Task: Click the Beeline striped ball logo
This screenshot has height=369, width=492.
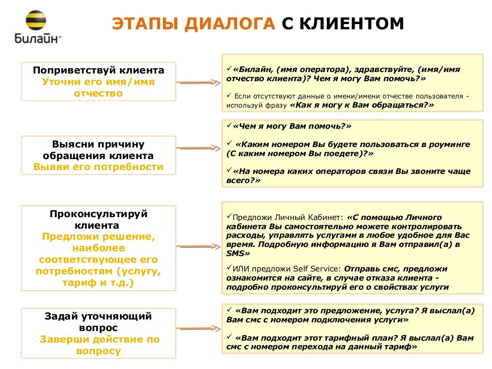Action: (36, 22)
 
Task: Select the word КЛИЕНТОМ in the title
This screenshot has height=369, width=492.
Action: (349, 25)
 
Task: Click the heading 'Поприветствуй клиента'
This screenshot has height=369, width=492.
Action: (98, 70)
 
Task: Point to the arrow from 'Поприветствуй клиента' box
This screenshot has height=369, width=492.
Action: (197, 83)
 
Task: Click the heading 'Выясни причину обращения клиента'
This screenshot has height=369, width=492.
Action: (98, 150)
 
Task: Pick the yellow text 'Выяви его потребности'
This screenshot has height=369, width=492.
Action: (98, 167)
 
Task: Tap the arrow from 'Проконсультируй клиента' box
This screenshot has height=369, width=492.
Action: (197, 246)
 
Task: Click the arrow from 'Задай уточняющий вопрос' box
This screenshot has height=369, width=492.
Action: (197, 332)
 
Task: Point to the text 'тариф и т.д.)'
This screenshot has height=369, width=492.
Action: (98, 283)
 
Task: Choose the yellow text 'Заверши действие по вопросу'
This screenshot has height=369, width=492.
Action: (98, 345)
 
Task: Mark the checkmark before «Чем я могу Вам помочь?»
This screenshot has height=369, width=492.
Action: (229, 126)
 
